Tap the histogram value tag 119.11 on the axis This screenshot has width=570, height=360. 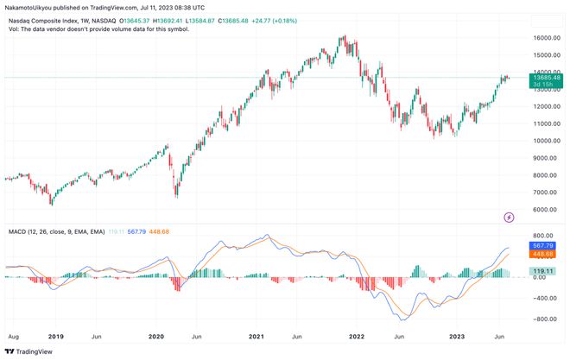[x=544, y=270]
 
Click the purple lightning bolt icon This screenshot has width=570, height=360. [x=509, y=216]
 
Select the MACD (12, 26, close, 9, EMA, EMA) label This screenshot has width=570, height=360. [x=56, y=232]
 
